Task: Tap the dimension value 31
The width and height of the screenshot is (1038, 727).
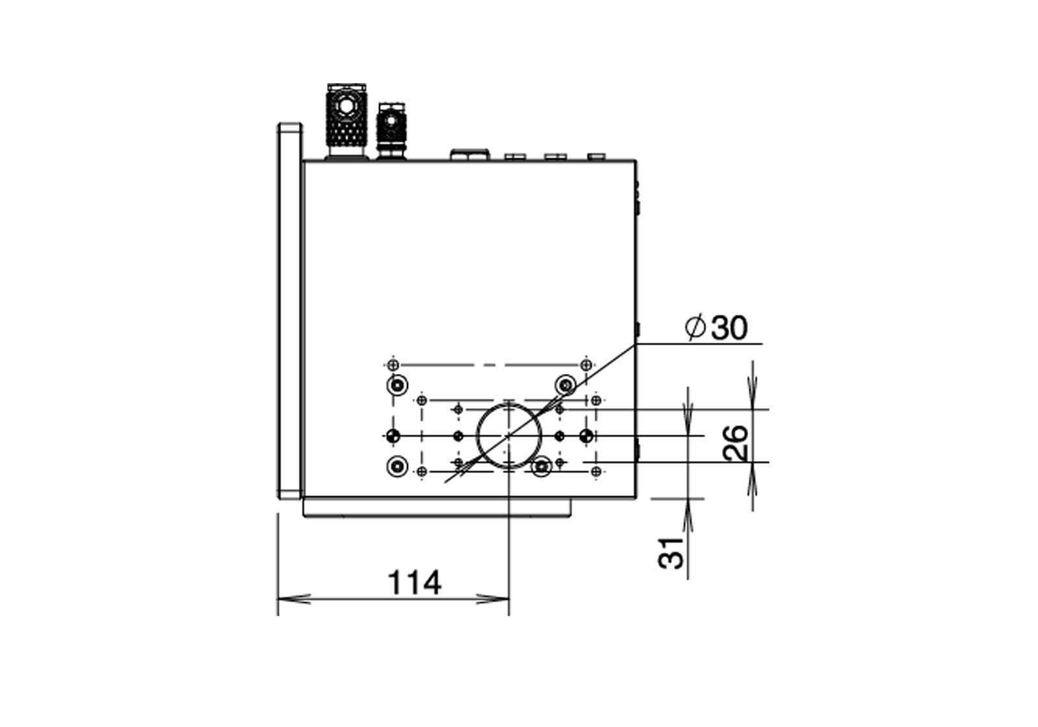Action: coord(671,552)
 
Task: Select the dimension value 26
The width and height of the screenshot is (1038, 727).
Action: coord(735,443)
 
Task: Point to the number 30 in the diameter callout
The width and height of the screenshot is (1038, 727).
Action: coord(729,327)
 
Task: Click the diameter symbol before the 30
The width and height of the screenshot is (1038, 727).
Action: coord(695,327)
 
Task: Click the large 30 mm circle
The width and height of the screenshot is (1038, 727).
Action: coord(509,436)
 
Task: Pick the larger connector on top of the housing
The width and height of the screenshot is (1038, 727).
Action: coord(346,121)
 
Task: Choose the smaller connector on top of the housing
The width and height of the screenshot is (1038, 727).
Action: coord(392,131)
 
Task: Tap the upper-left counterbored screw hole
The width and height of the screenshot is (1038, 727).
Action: coord(397,385)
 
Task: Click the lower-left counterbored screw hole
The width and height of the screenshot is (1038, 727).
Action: coord(397,466)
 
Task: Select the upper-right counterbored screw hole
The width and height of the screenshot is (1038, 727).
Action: coord(565,384)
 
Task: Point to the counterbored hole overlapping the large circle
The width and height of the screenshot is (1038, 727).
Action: coord(541,466)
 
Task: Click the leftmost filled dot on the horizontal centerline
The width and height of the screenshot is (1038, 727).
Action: coord(393,436)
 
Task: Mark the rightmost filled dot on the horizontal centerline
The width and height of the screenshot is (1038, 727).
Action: coord(586,436)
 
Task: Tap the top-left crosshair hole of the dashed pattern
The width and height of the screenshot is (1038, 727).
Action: coord(393,364)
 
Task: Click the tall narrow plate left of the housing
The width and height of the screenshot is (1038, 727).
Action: coord(290,311)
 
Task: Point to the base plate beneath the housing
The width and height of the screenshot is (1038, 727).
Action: coord(437,508)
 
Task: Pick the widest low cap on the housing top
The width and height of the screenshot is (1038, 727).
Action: coord(470,154)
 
